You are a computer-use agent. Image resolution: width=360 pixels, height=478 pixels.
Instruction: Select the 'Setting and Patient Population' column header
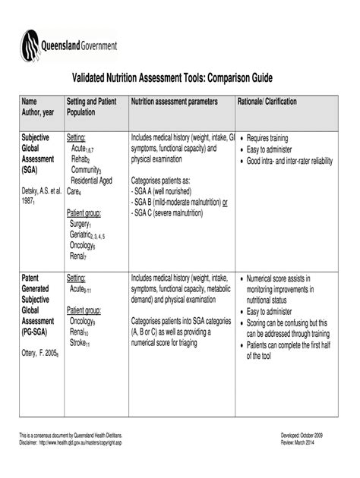(x=90, y=107)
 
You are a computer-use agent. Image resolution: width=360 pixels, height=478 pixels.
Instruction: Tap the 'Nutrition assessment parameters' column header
(x=175, y=102)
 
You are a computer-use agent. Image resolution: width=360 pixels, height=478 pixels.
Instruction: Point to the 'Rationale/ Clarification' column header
(x=267, y=102)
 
